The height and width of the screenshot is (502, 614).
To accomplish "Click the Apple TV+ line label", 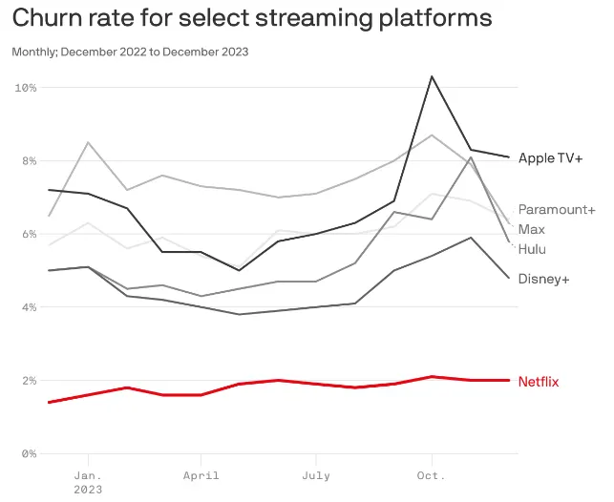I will pos(550,157).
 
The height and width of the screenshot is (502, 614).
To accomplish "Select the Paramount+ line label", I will pos(557,210).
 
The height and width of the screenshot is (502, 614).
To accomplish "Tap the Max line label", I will pos(532,229).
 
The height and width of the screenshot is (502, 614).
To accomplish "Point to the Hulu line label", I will pos(533,249).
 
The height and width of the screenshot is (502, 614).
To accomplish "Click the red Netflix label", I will pos(539,382).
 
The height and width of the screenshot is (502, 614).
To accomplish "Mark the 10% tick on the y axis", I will pos(26,88).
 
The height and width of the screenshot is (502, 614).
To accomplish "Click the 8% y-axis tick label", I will pos(29,161).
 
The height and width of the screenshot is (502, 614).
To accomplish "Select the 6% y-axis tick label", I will pos(29,234).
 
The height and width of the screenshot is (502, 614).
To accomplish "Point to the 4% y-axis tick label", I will pos(29,307).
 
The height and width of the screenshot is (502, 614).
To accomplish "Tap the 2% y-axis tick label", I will pos(29,381).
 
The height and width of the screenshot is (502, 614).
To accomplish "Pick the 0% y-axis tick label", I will pos(29,453).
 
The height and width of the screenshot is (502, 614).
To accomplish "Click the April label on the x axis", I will pos(201,475).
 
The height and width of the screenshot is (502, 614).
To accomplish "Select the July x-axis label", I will pos(316,475).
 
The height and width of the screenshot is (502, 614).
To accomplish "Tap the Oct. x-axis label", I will pos(432,475).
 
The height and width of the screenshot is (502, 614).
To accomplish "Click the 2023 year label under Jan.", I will pos(87,489).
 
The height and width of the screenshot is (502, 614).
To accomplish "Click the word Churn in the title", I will pos(45,18).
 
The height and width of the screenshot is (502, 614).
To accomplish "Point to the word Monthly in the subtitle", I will pos(33,52).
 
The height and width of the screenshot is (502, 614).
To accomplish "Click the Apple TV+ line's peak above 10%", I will pos(433,76).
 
